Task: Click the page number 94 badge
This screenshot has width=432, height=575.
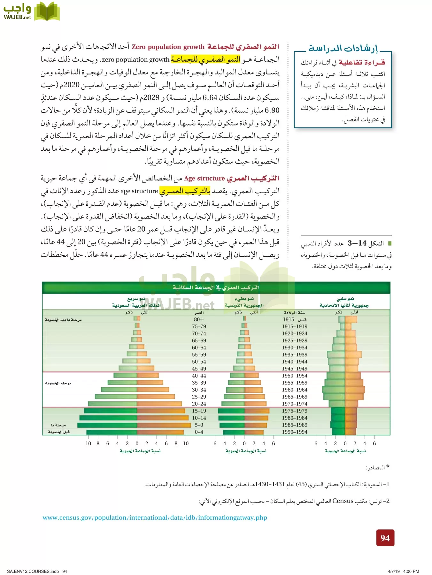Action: pos(385,538)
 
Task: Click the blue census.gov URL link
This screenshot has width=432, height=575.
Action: pos(155,517)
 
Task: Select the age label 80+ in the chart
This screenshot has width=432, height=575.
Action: pos(199,319)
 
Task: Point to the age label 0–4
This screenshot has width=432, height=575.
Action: pos(199,432)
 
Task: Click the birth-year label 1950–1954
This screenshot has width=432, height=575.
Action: pos(294,376)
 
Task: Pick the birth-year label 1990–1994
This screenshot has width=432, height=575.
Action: pos(294,432)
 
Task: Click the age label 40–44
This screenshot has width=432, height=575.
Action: pos(199,376)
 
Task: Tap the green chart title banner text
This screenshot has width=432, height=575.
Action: pos(216,287)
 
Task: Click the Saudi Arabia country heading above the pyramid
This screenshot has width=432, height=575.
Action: pos(136,305)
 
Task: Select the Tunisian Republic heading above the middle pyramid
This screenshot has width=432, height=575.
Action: pos(244,305)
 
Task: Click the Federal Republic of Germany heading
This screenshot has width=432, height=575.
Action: pos(344,305)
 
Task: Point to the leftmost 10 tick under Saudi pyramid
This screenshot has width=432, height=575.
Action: pos(88,443)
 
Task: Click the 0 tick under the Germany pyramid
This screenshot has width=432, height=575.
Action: pos(345,443)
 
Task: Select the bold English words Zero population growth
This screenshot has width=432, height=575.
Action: pos(168,47)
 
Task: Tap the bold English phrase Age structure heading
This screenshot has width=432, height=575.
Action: pos(204,179)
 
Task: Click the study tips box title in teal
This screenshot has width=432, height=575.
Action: pos(343,49)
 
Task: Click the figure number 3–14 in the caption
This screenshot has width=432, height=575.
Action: pos(357,243)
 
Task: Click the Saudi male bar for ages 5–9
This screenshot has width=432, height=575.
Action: pos(107,425)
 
